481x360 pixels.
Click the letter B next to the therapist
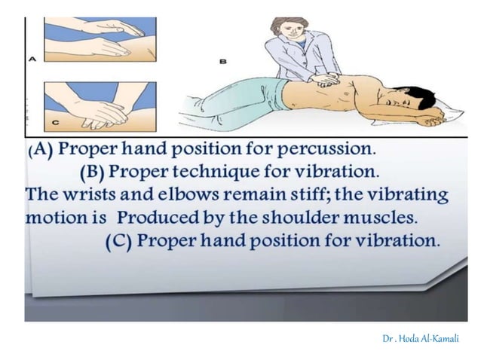[x=223, y=63]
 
